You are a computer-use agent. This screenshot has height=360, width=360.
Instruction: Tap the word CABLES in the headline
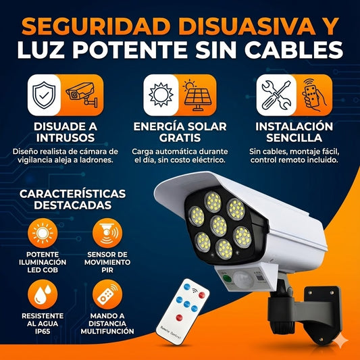pyautogui.click(x=294, y=50)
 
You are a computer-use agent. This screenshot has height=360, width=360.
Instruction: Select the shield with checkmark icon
pyautogui.click(x=44, y=95)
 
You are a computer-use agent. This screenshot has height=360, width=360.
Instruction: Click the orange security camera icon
pyautogui.click(x=82, y=95)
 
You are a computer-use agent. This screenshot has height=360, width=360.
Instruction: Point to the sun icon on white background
pyautogui.click(x=161, y=95)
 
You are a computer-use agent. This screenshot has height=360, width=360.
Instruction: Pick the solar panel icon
pyautogui.click(x=197, y=95)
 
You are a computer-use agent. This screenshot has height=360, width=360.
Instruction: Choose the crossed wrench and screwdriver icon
pyautogui.click(x=276, y=95)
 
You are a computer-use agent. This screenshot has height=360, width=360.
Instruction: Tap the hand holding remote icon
pyautogui.click(x=314, y=95)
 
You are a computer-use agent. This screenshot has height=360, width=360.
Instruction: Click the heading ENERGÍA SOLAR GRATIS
pyautogui.click(x=180, y=132)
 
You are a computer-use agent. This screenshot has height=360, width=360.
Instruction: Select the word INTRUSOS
pyautogui.click(x=66, y=138)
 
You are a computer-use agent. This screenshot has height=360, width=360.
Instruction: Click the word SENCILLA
pyautogui.click(x=294, y=138)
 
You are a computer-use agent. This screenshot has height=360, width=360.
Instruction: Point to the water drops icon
pyautogui.click(x=43, y=294)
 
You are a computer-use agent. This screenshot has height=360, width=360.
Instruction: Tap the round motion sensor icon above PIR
pyautogui.click(x=107, y=233)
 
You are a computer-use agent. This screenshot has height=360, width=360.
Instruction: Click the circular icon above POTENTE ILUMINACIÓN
pyautogui.click(x=43, y=233)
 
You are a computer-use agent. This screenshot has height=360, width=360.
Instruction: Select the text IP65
pyautogui.click(x=43, y=332)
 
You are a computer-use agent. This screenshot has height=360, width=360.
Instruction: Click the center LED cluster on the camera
pyautogui.click(x=219, y=226)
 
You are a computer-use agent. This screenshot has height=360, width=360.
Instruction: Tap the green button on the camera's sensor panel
pyautogui.click(x=227, y=278)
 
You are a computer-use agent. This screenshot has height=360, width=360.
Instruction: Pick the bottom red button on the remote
pyautogui.click(x=179, y=317)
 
